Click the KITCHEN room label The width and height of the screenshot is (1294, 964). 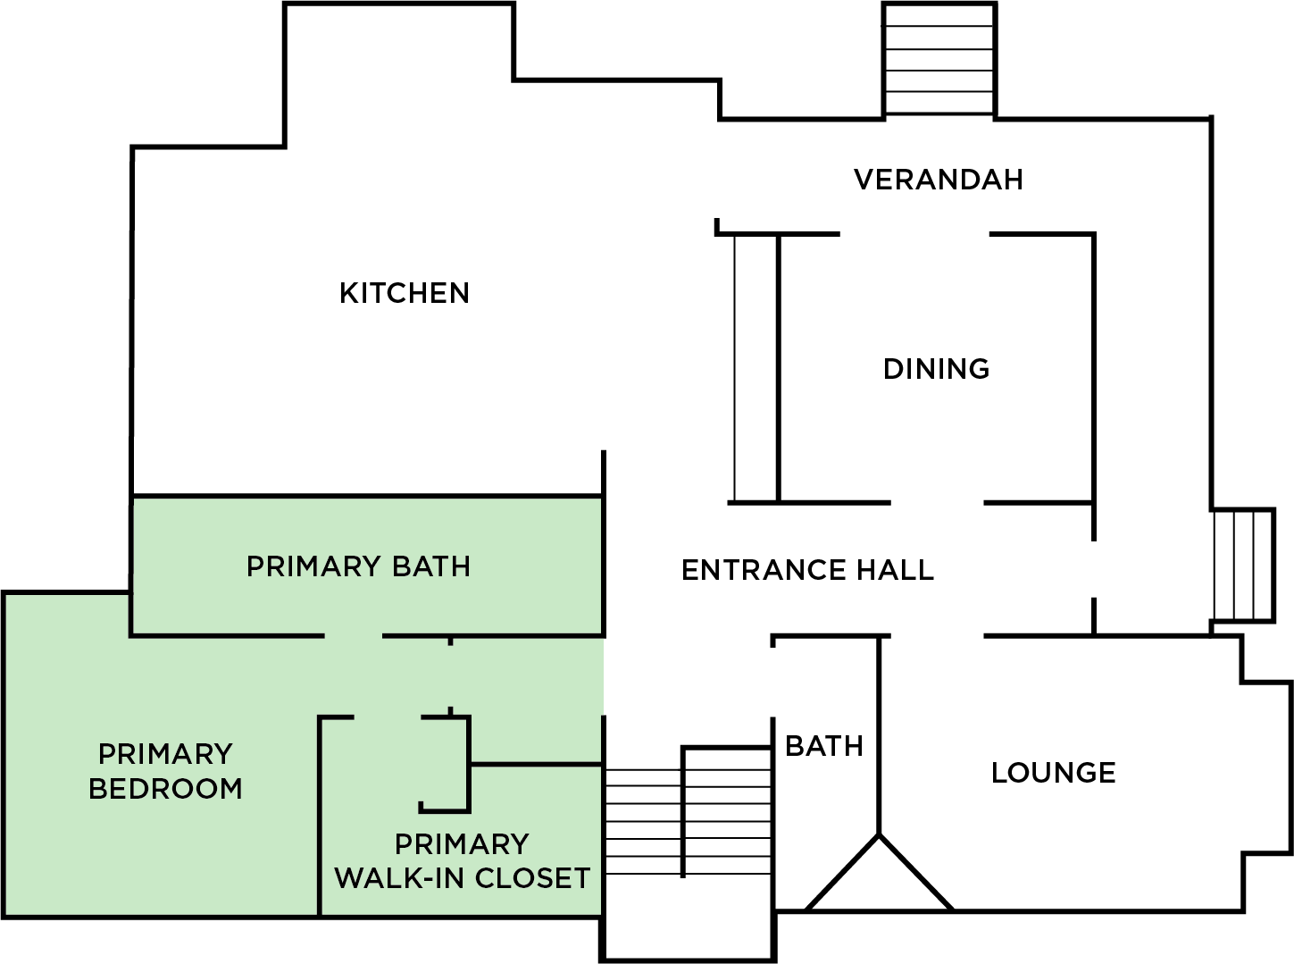click(405, 293)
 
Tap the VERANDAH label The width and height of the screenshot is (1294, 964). click(938, 180)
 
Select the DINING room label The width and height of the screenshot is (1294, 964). click(937, 369)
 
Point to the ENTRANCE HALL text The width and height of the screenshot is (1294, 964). click(807, 570)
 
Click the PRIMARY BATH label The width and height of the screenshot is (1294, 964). click(358, 566)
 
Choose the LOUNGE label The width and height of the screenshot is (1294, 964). click(1054, 773)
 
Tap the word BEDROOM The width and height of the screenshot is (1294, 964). click(166, 789)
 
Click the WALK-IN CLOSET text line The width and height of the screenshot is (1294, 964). click(462, 878)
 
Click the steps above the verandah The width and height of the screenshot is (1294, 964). click(939, 59)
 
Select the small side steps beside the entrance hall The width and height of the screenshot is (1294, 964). click(1243, 565)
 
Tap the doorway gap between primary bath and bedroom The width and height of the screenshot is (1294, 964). click(354, 635)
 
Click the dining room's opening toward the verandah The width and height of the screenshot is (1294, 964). click(914, 234)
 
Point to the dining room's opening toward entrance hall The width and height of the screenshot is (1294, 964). click(937, 502)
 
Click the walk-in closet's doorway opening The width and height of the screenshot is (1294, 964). click(388, 717)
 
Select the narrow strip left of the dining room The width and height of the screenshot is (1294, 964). click(756, 368)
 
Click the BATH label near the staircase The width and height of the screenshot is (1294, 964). click(823, 746)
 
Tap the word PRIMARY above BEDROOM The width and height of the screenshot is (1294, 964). click(166, 754)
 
